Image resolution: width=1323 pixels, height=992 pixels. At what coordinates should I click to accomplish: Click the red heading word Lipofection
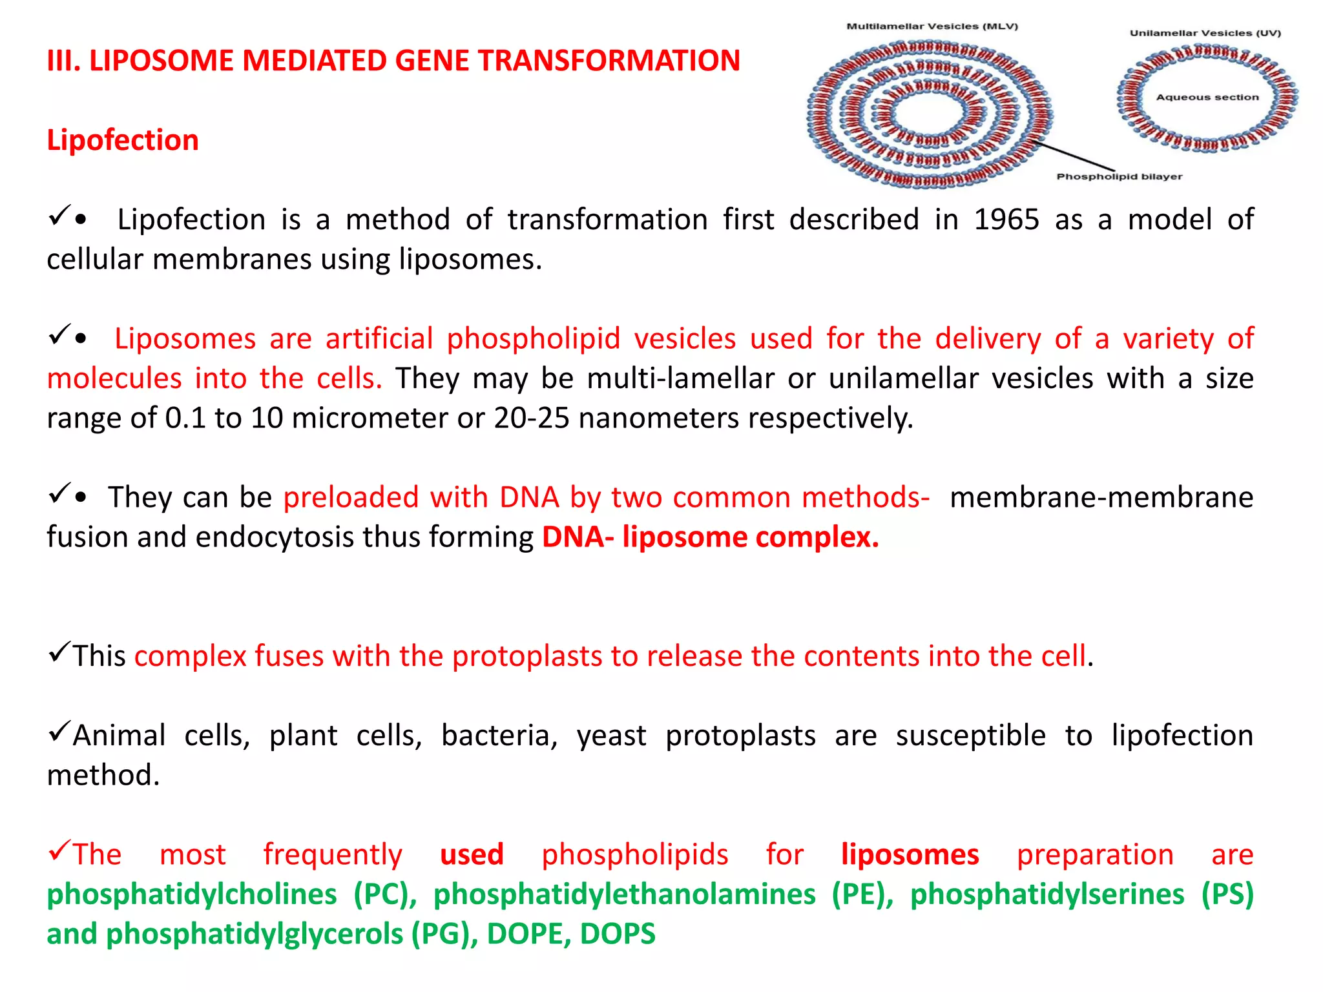point(123,140)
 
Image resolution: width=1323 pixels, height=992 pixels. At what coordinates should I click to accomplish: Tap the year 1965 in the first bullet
point(1006,220)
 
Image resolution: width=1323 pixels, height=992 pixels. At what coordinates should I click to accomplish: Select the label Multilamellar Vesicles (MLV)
point(932,26)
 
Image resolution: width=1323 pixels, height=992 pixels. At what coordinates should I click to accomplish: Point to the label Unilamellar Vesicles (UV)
point(1205,33)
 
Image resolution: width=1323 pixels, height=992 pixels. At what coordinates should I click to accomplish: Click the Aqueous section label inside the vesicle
point(1207,98)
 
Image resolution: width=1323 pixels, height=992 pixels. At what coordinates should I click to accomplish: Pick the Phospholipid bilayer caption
point(1119,176)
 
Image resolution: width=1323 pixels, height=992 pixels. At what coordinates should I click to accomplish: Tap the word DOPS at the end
point(618,934)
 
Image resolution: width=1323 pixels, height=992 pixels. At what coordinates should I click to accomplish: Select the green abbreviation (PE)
point(862,894)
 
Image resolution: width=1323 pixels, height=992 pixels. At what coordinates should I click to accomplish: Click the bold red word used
point(472,854)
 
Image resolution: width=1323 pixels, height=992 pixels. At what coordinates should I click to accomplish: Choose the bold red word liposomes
point(910,854)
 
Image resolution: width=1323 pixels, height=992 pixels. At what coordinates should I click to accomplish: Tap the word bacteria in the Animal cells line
point(499,736)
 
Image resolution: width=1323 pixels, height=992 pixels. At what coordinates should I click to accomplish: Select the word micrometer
point(370,418)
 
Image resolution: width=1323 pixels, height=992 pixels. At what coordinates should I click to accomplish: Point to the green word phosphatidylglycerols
point(255,934)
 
